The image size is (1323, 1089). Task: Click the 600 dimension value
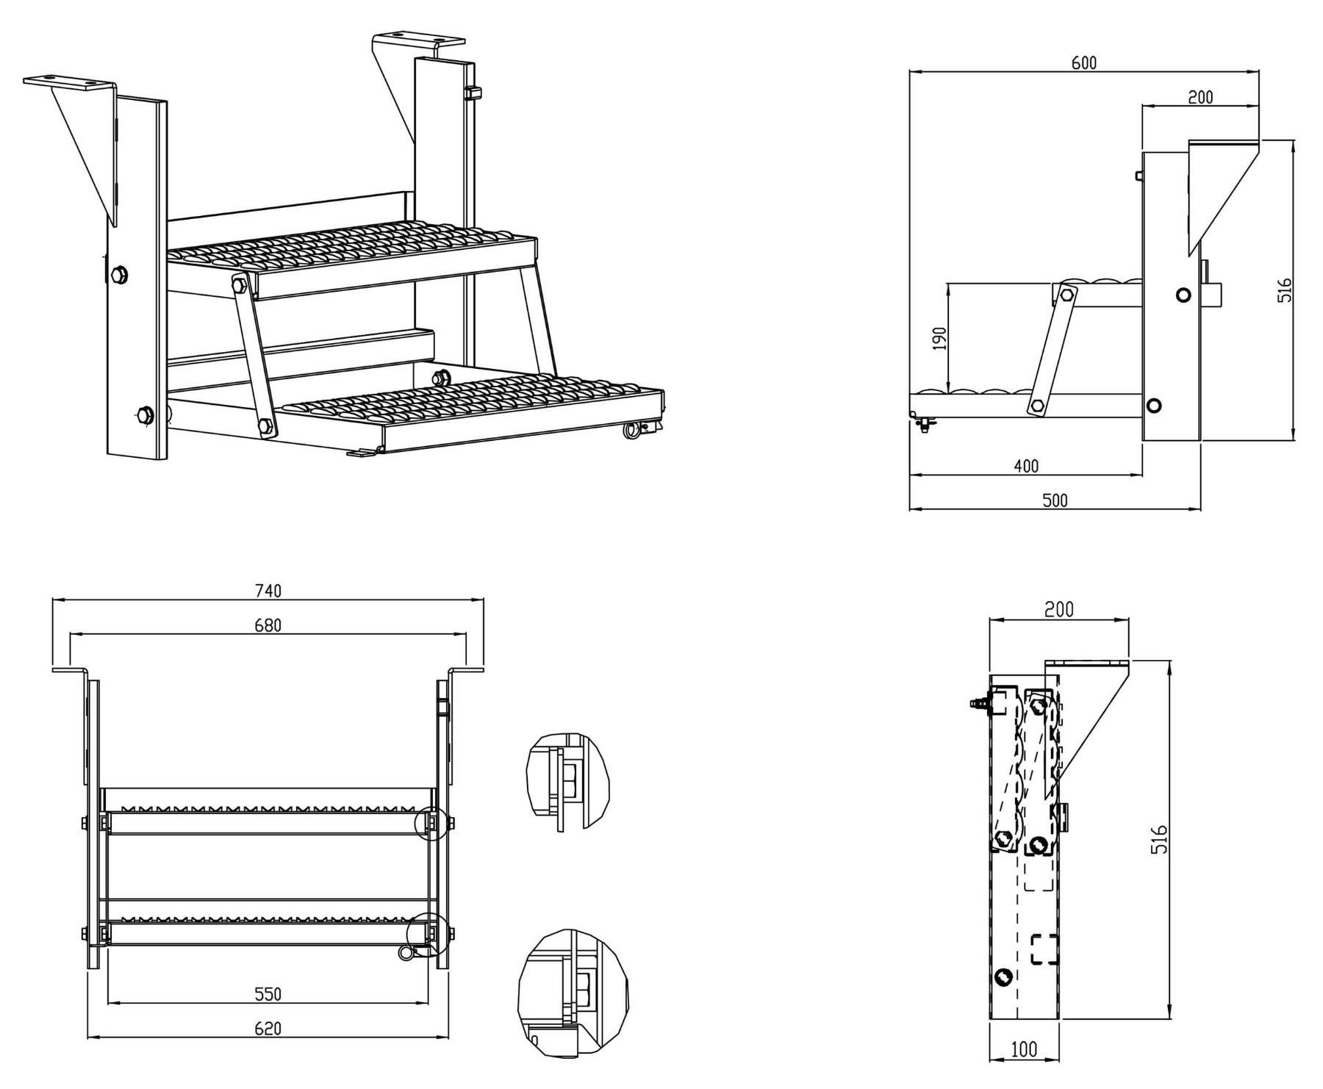click(1083, 63)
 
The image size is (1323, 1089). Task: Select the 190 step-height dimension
click(940, 338)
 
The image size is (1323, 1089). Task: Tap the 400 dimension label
click(1026, 466)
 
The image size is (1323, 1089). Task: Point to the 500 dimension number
click(1055, 500)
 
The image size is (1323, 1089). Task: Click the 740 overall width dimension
click(268, 590)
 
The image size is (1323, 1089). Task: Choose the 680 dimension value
click(268, 625)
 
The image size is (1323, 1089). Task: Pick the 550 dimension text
click(268, 993)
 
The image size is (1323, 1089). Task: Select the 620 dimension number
click(268, 1029)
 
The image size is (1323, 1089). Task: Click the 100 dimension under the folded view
click(1024, 1050)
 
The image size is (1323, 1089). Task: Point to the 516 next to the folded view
click(1159, 840)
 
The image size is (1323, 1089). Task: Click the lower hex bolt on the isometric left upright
click(144, 415)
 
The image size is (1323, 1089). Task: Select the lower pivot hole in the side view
click(1154, 405)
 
